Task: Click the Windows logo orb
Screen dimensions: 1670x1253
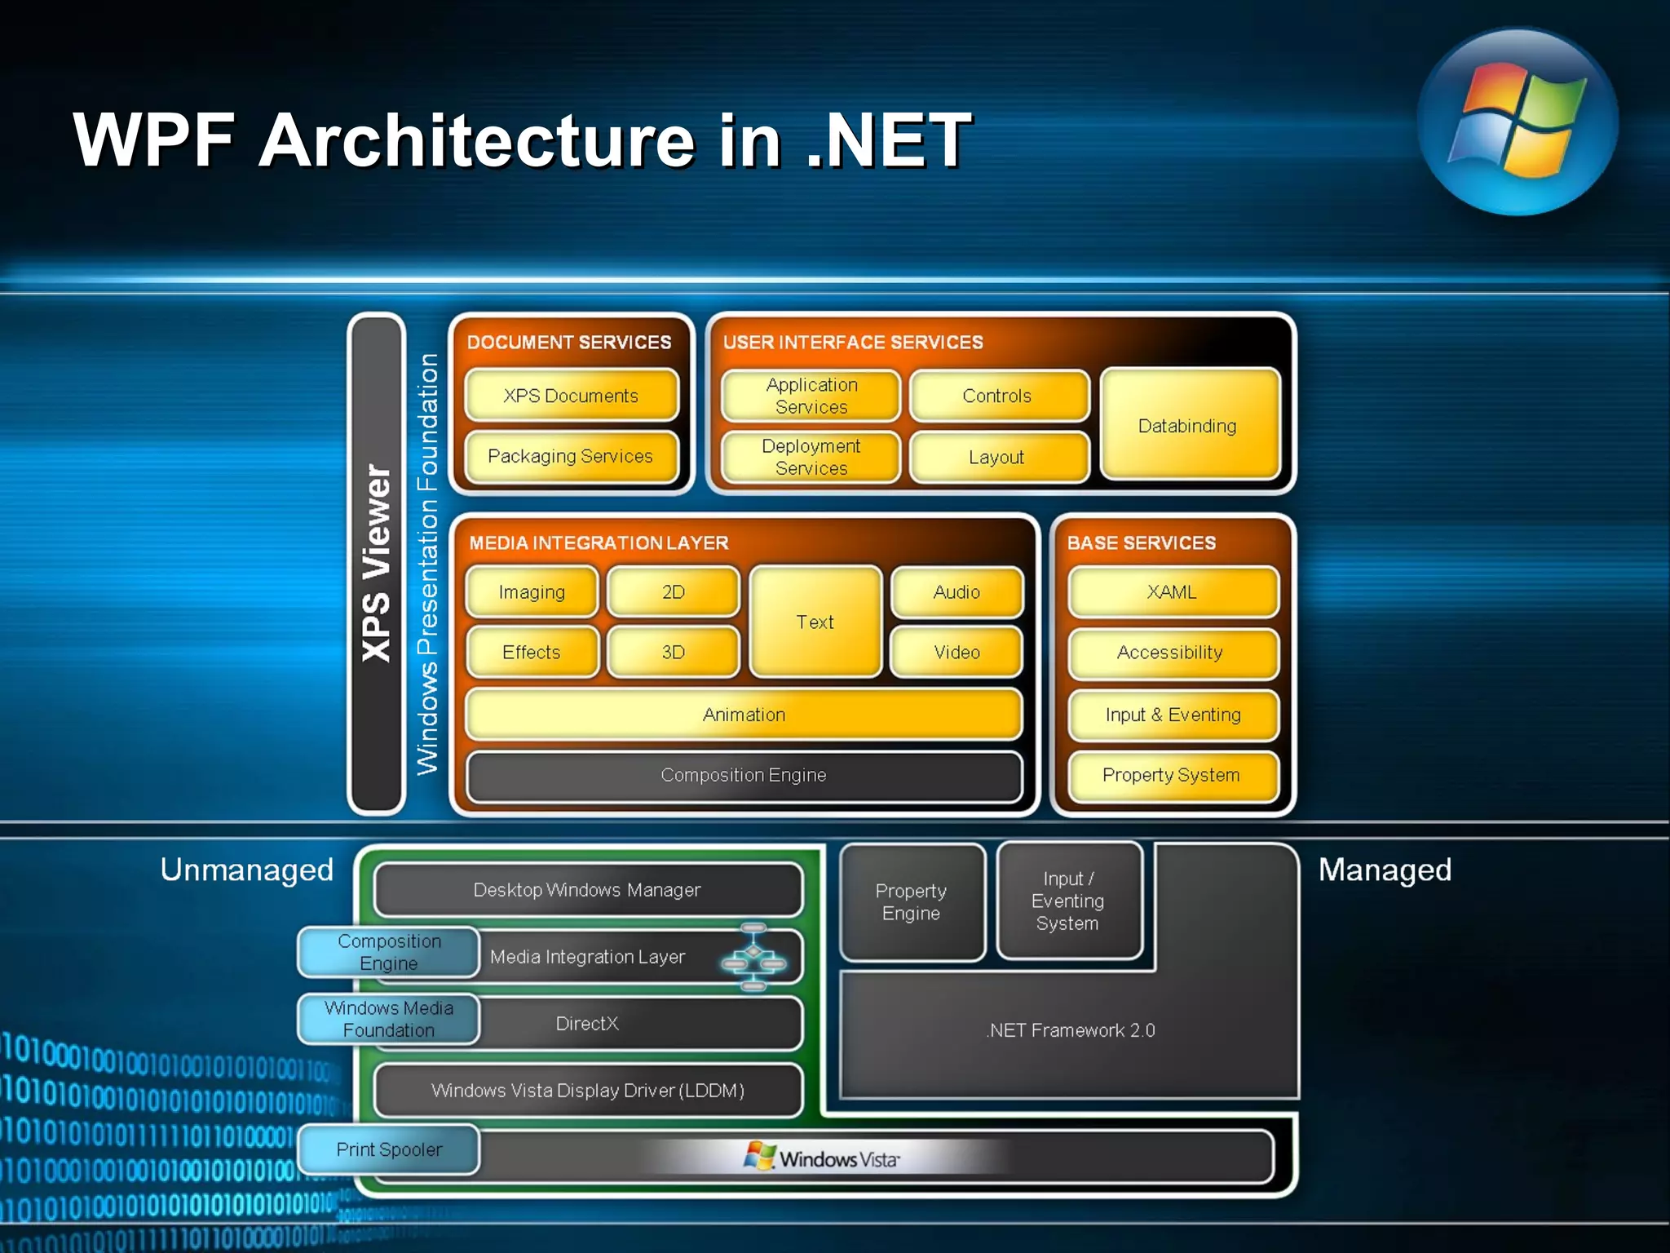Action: pos(1517,122)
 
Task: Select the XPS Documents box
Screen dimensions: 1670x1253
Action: pos(571,396)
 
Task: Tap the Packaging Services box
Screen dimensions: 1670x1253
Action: pos(571,456)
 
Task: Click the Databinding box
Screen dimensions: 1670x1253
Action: pos(1188,425)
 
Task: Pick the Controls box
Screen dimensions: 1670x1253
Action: pos(997,396)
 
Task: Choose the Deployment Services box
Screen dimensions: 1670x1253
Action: pos(811,457)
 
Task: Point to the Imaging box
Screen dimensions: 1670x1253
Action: pos(532,592)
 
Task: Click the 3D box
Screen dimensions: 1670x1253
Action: pos(674,652)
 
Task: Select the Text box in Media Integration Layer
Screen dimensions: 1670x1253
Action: pos(815,622)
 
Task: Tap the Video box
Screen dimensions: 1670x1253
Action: pos(956,652)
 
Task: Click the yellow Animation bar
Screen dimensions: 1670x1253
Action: pos(744,715)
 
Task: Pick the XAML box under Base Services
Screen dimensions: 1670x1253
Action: pos(1172,592)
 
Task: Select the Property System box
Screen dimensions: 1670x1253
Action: pos(1172,775)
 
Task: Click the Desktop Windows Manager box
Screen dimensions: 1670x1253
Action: pos(587,890)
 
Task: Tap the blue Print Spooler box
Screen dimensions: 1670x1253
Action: pos(389,1149)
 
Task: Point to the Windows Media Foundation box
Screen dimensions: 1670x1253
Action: pos(389,1019)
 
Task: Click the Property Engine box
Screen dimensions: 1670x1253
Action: pos(912,901)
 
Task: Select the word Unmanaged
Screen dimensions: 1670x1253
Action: pos(247,870)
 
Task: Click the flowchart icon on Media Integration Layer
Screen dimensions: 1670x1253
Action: pos(753,957)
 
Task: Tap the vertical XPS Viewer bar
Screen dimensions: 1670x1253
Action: pos(377,563)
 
